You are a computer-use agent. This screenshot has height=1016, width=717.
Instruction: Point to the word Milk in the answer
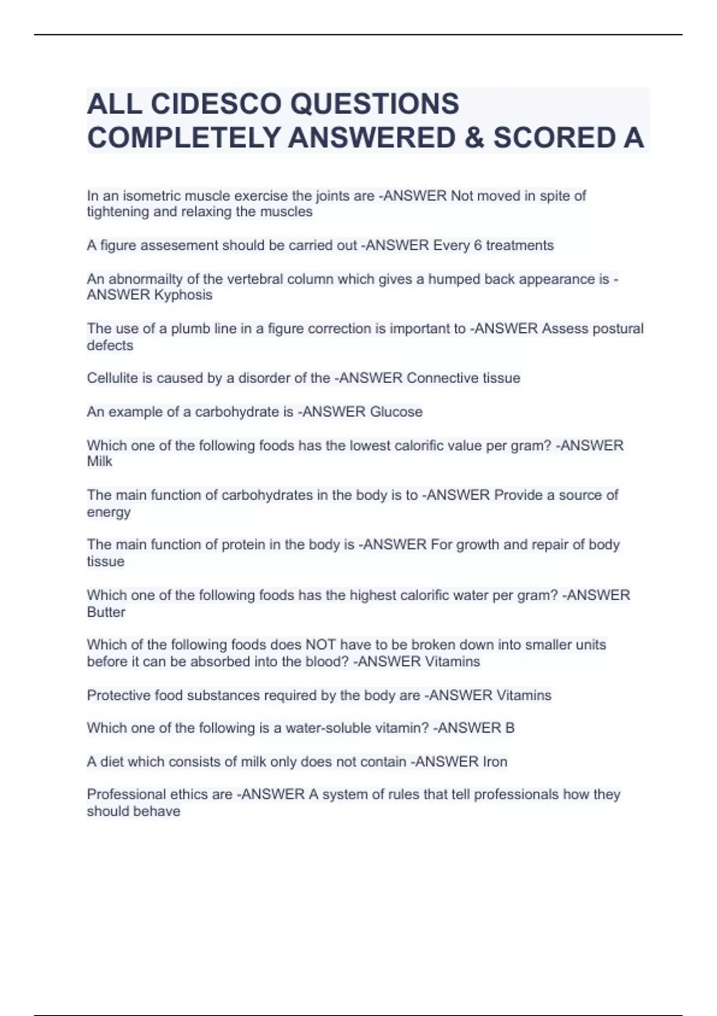pyautogui.click(x=99, y=461)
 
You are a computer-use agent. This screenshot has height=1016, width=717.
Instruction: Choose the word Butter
pyautogui.click(x=106, y=612)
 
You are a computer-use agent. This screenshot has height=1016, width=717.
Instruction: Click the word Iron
pyautogui.click(x=495, y=761)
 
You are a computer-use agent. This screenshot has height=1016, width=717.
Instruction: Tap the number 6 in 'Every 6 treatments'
pyautogui.click(x=478, y=246)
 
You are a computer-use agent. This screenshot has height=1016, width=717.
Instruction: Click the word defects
pyautogui.click(x=110, y=345)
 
